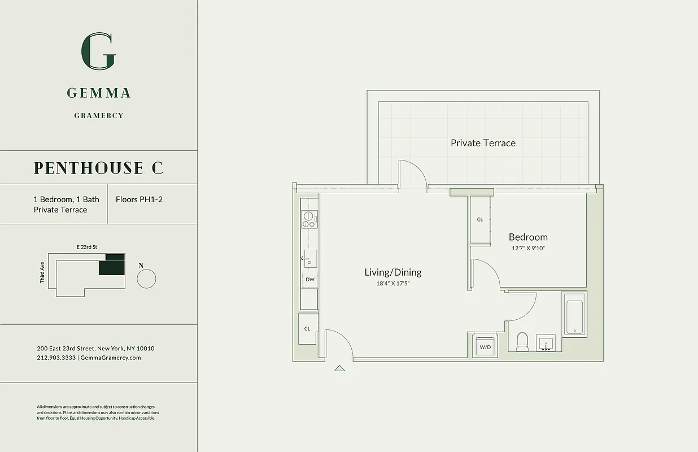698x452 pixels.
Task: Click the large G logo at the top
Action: coord(99,51)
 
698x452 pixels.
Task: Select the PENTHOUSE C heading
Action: coord(98,168)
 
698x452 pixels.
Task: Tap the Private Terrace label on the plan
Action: coord(483,143)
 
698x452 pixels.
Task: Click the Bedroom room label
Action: coord(528,237)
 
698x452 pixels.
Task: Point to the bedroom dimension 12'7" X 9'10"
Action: coord(528,248)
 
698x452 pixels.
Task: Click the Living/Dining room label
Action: coord(392,272)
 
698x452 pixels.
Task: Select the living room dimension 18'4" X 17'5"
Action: coord(392,283)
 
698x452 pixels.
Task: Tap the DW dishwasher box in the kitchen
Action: coord(309,279)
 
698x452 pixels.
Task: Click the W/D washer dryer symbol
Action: coord(485,346)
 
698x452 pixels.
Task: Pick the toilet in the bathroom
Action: coord(522,342)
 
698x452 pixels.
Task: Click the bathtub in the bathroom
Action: coord(574,317)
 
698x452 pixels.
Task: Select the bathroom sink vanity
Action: coord(546,343)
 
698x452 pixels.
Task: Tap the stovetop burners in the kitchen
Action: coord(309,219)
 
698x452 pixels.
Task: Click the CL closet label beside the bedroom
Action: coord(480,219)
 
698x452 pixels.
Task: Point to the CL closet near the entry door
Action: coord(308,328)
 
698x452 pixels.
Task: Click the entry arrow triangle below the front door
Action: coord(339,368)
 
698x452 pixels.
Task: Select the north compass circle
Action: coord(146,279)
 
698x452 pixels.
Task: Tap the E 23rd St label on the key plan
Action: coord(87,247)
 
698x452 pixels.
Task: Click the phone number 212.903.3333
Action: coord(56,358)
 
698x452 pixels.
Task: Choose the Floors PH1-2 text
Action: coord(139,199)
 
